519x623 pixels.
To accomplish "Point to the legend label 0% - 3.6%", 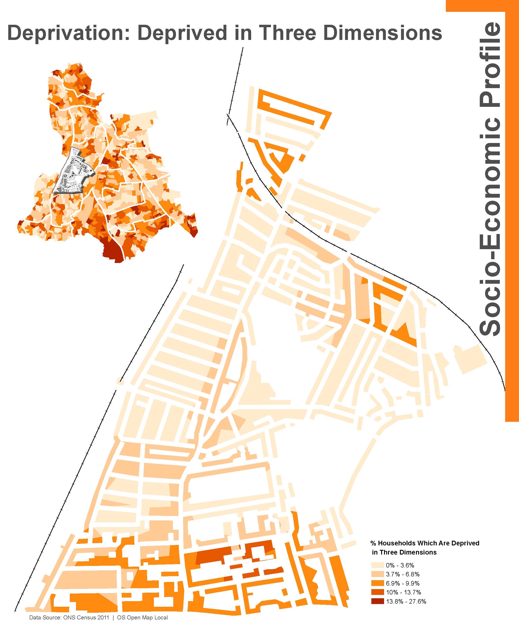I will [400, 565].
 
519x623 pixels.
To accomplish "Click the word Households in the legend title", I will [396, 543].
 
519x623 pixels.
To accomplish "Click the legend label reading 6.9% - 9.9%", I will [402, 583].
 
